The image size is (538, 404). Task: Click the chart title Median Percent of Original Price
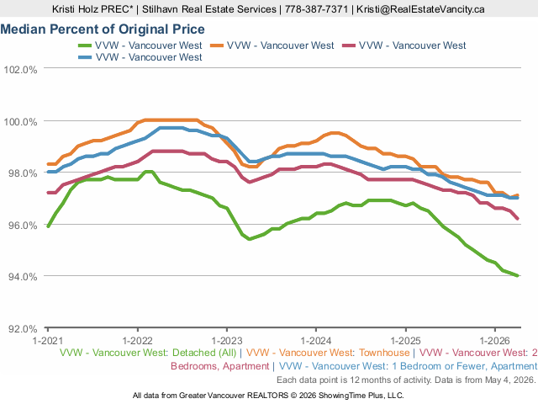coord(103,29)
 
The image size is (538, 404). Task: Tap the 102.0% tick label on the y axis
coord(20,70)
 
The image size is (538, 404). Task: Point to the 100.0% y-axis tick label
coord(20,122)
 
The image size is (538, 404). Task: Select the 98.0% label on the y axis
coord(23,173)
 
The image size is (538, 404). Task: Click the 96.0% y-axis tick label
coord(23,226)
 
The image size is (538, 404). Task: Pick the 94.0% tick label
coord(23,277)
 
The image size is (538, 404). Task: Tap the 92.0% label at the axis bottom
coord(23,329)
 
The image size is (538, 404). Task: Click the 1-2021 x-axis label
coord(48,341)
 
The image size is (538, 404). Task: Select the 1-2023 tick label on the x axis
coord(227,341)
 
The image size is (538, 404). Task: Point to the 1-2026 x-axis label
coord(495,341)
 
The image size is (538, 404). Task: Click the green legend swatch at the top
coord(85,45)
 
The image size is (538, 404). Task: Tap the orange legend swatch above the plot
coord(217,45)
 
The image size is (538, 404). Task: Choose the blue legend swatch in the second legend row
coord(85,57)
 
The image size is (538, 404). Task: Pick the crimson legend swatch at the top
coord(349,45)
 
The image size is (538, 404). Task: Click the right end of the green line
coord(518,275)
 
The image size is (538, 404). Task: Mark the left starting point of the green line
coord(48,226)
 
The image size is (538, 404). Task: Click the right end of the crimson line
coord(518,218)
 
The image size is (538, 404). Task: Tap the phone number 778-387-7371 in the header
coord(316,9)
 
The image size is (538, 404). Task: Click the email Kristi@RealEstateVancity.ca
coord(420,9)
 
